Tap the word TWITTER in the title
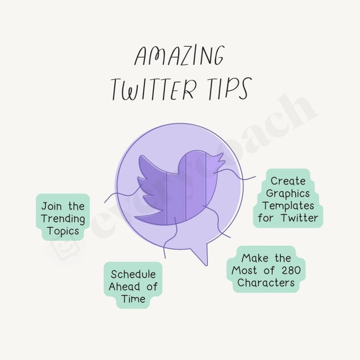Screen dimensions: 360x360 [154, 90]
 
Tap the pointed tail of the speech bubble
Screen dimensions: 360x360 [202, 256]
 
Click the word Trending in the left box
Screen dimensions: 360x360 [63, 219]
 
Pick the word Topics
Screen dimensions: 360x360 [63, 231]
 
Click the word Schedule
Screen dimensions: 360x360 [133, 274]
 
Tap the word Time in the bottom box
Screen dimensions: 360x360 [133, 298]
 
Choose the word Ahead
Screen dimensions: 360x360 [125, 287]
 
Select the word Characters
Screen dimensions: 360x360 [266, 283]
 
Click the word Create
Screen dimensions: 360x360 [288, 181]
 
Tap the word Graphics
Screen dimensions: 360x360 [288, 193]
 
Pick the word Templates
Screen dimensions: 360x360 [288, 206]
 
